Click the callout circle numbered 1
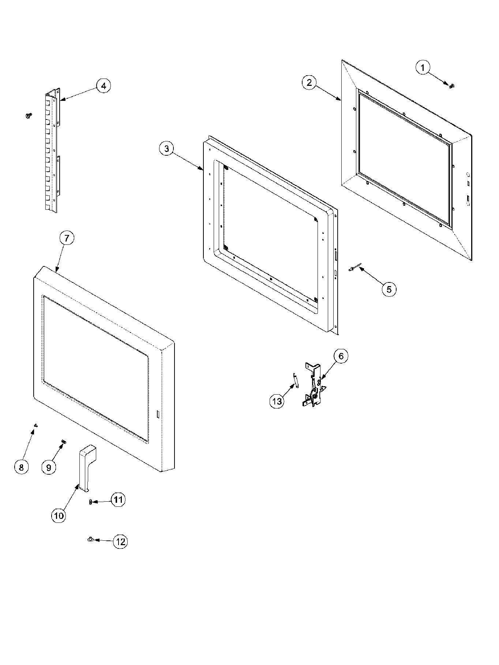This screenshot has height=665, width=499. (423, 68)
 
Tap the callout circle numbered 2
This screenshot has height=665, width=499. (309, 82)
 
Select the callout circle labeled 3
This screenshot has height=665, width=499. (166, 149)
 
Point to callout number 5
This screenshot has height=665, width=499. (389, 289)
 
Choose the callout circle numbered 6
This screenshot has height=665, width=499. (341, 356)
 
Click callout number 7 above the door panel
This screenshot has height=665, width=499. (66, 238)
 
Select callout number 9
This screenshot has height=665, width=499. (49, 467)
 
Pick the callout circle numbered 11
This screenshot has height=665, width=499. (118, 499)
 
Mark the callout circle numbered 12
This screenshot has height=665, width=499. (120, 541)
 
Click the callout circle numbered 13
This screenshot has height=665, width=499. (277, 402)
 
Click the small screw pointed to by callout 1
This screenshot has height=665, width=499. (451, 85)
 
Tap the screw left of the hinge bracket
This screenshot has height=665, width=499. (28, 115)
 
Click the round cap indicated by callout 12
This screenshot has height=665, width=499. (90, 539)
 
